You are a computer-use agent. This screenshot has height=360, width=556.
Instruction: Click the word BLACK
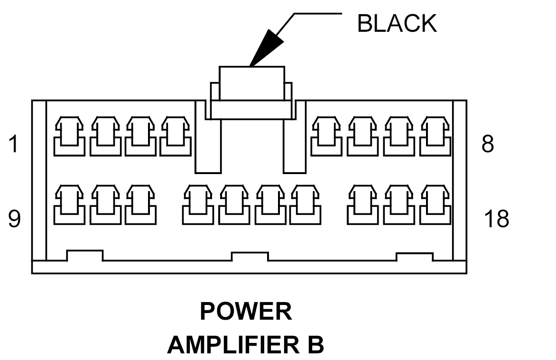(x=397, y=23)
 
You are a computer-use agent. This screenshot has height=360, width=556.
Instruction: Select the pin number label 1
(x=13, y=144)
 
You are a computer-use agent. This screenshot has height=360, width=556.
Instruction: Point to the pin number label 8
(x=488, y=144)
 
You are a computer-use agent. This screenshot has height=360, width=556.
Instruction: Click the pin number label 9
(x=15, y=218)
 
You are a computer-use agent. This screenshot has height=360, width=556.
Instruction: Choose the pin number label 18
(x=496, y=218)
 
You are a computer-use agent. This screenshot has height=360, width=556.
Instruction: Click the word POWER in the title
(x=246, y=311)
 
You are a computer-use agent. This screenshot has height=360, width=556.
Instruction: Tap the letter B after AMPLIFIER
(x=315, y=345)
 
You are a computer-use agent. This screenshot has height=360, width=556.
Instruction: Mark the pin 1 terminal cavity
(x=69, y=136)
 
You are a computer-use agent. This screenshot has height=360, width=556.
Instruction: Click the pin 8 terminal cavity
(x=436, y=136)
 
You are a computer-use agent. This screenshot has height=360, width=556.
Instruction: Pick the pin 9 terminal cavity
(x=69, y=204)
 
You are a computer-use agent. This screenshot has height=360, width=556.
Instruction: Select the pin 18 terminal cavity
(x=436, y=204)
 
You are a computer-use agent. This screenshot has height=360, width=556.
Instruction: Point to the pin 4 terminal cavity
(x=175, y=136)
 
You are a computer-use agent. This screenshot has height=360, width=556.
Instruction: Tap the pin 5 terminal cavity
(x=326, y=136)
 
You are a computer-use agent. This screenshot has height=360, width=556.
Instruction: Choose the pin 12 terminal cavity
(x=198, y=204)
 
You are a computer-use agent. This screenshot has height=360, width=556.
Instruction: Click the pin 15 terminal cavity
(x=305, y=204)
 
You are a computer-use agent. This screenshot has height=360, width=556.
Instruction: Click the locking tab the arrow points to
(x=251, y=83)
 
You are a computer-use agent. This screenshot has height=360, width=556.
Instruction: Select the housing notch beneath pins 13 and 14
(x=250, y=257)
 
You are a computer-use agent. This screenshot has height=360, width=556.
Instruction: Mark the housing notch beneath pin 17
(x=415, y=257)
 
